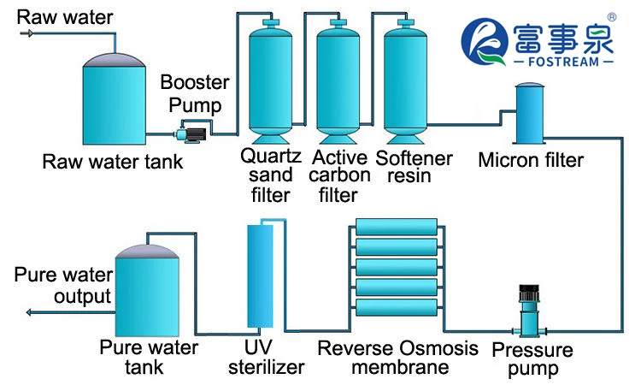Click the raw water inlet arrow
(27, 33)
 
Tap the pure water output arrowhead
(28, 312)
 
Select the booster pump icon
(190, 134)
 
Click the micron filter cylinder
(530, 113)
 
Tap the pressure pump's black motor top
(529, 293)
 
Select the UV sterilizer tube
(260, 275)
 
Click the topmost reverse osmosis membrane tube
(397, 227)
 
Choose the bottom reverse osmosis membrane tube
(397, 308)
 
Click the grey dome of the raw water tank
(114, 60)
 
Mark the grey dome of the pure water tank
(147, 252)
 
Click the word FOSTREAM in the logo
(563, 62)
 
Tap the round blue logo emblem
(485, 41)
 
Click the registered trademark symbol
(612, 17)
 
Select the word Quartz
(271, 157)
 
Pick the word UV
(258, 347)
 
